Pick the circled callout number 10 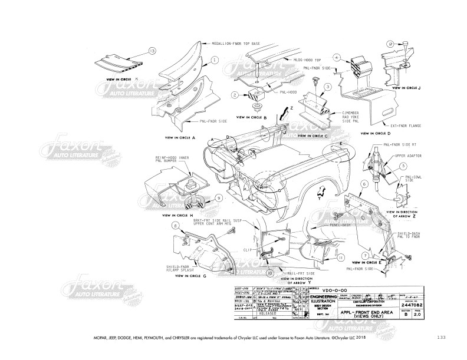coord(271,273)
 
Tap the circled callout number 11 coord(340,257)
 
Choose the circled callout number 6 coord(365,184)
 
